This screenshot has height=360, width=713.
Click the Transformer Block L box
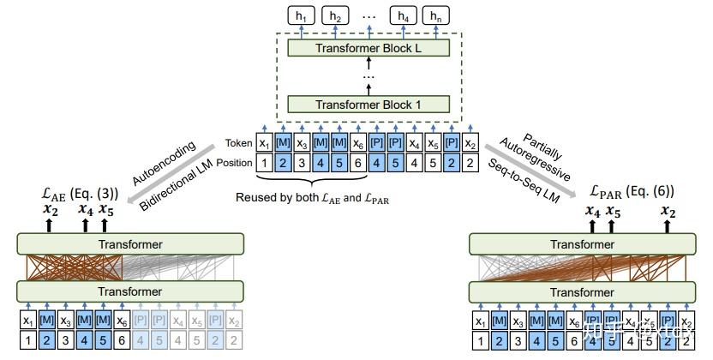pos(368,48)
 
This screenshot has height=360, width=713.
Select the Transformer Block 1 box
pos(368,105)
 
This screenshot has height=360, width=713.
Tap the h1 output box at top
pos(299,15)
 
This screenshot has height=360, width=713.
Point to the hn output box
pos(437,15)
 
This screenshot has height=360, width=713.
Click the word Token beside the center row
pos(239,143)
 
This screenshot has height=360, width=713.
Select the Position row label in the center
pos(233,162)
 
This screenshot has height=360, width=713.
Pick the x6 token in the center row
pos(357,143)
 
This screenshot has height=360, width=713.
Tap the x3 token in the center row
pos(302,143)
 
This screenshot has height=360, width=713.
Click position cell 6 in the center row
pos(357,162)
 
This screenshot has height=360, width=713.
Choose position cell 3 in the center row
pos(302,162)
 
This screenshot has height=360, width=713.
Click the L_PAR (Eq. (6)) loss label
pos(632,191)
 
